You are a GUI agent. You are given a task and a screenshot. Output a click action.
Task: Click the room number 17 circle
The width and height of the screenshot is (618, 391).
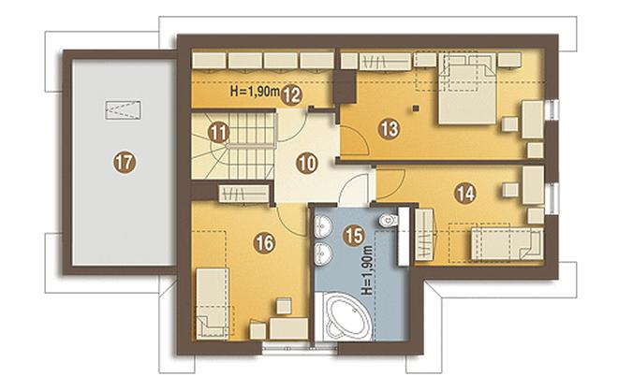tap(125, 162)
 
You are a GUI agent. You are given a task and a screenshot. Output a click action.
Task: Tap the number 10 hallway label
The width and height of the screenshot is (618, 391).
tap(307, 163)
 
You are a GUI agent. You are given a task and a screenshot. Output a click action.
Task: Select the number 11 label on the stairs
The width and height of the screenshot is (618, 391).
tap(218, 132)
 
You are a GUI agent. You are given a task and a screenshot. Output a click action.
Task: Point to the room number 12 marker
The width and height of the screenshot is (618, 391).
tap(291, 95)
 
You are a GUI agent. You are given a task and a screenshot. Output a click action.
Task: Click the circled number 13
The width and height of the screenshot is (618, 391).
tap(390, 128)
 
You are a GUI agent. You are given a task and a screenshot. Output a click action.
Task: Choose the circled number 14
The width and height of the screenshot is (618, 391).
tap(465, 194)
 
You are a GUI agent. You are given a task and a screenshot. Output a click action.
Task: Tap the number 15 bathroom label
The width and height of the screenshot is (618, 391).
tap(354, 236)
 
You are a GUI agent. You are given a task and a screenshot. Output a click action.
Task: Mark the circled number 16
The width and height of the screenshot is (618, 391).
tap(264, 243)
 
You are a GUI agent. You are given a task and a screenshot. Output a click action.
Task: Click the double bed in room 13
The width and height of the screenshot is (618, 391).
tap(468, 89)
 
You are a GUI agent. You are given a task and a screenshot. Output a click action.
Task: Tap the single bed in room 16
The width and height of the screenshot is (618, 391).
tap(213, 303)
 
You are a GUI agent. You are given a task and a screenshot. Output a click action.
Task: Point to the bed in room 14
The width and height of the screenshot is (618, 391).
tap(507, 244)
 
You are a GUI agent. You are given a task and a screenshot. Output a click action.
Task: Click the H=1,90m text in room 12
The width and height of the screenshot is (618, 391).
tap(255, 92)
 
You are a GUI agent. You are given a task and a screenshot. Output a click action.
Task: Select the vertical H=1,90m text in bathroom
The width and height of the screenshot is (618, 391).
tap(367, 270)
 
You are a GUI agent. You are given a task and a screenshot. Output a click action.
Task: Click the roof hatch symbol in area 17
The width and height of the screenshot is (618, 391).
tap(124, 110)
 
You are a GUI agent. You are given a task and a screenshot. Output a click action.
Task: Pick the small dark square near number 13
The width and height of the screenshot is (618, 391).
tap(415, 108)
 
